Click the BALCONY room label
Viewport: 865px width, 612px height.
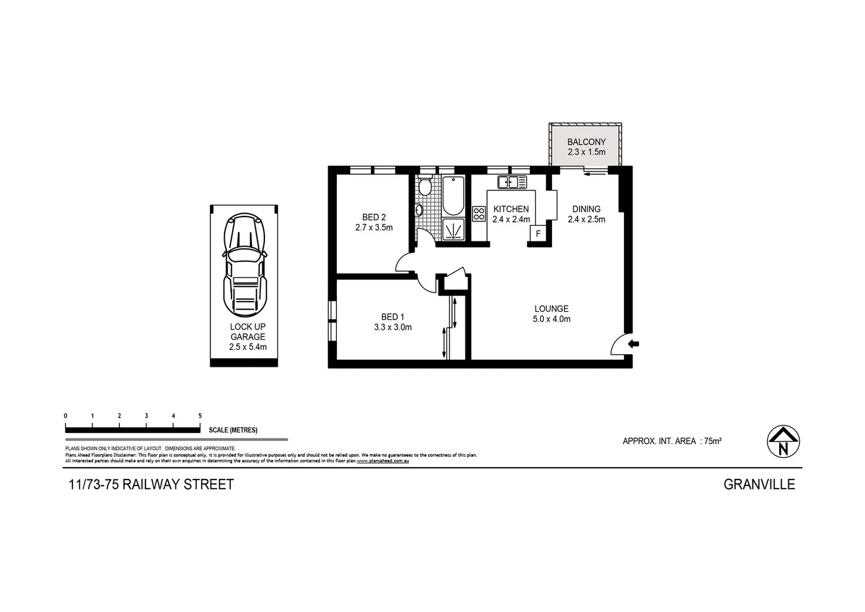[586, 142]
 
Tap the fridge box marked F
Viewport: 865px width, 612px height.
[538, 233]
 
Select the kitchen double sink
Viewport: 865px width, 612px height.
[512, 182]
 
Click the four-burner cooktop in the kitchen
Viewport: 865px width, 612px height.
[479, 214]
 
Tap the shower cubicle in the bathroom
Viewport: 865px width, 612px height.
[453, 229]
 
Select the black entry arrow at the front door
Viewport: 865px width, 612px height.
[634, 343]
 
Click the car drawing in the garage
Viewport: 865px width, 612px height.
[244, 266]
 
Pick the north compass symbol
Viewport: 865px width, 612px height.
[783, 441]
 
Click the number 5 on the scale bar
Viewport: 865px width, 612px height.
[200, 416]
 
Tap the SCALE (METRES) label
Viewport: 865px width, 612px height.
[233, 430]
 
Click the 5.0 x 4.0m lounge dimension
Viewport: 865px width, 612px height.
[551, 319]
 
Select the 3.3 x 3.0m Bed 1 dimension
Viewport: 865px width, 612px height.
[392, 327]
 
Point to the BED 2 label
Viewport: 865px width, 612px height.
[374, 217]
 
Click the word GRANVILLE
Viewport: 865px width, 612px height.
[759, 484]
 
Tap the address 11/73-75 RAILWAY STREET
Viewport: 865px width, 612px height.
[151, 484]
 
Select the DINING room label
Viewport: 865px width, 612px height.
[586, 209]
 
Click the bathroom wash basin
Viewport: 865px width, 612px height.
[419, 210]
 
